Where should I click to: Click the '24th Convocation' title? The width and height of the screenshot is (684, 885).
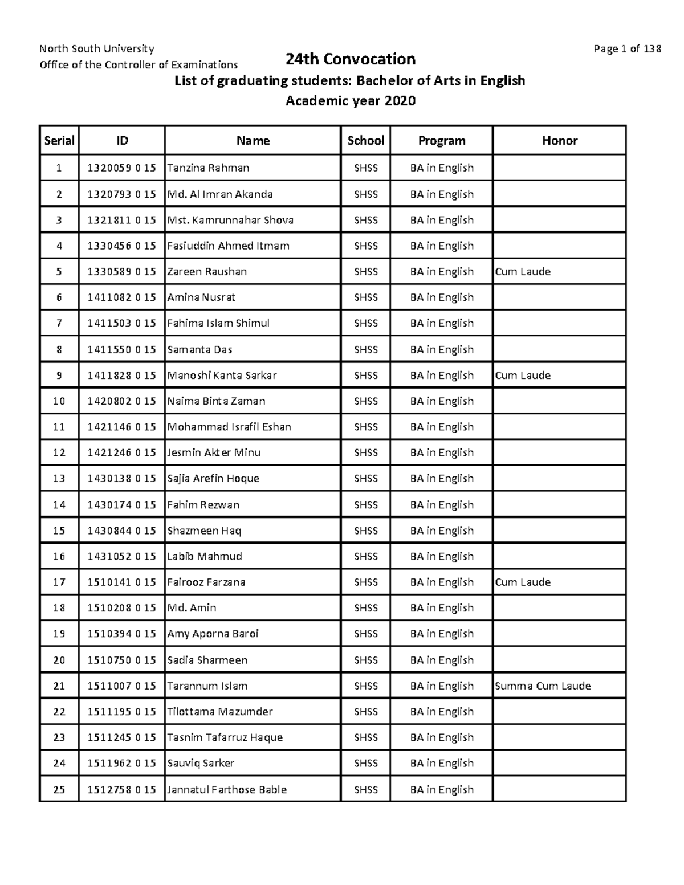point(350,59)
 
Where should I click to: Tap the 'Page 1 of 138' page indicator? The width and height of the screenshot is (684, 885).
point(627,49)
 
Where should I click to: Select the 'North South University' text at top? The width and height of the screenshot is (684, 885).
point(96,48)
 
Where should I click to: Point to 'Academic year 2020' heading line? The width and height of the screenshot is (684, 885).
point(350,101)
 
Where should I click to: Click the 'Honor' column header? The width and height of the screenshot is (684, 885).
point(559,141)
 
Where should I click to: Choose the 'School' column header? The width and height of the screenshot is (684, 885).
point(365,141)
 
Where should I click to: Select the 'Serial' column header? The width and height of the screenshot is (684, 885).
point(59,141)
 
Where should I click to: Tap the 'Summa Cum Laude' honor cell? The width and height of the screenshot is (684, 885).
point(543,686)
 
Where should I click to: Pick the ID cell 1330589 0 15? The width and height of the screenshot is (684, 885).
point(121,272)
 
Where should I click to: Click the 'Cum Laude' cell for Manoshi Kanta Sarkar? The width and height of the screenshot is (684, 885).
point(523,376)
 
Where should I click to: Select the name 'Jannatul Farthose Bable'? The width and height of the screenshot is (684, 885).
point(227,790)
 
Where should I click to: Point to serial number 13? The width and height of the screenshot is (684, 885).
point(59,479)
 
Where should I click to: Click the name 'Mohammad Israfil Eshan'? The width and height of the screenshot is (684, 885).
point(229,427)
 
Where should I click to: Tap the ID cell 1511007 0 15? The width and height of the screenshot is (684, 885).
point(121,686)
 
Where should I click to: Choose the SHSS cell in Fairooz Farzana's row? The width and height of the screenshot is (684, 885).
point(365,582)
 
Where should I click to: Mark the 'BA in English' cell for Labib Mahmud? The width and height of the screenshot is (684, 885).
point(442,557)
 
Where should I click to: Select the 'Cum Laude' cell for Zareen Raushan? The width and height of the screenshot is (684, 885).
point(523,272)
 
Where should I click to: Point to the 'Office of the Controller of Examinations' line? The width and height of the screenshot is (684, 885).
point(139,65)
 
